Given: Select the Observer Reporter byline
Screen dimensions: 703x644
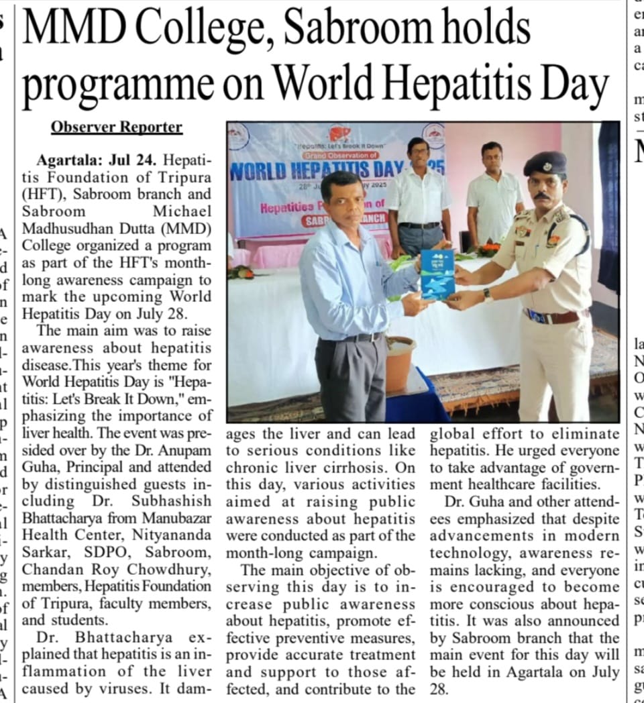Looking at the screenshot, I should pos(117,127).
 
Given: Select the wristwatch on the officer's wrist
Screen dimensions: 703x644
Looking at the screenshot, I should pos(488,294).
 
